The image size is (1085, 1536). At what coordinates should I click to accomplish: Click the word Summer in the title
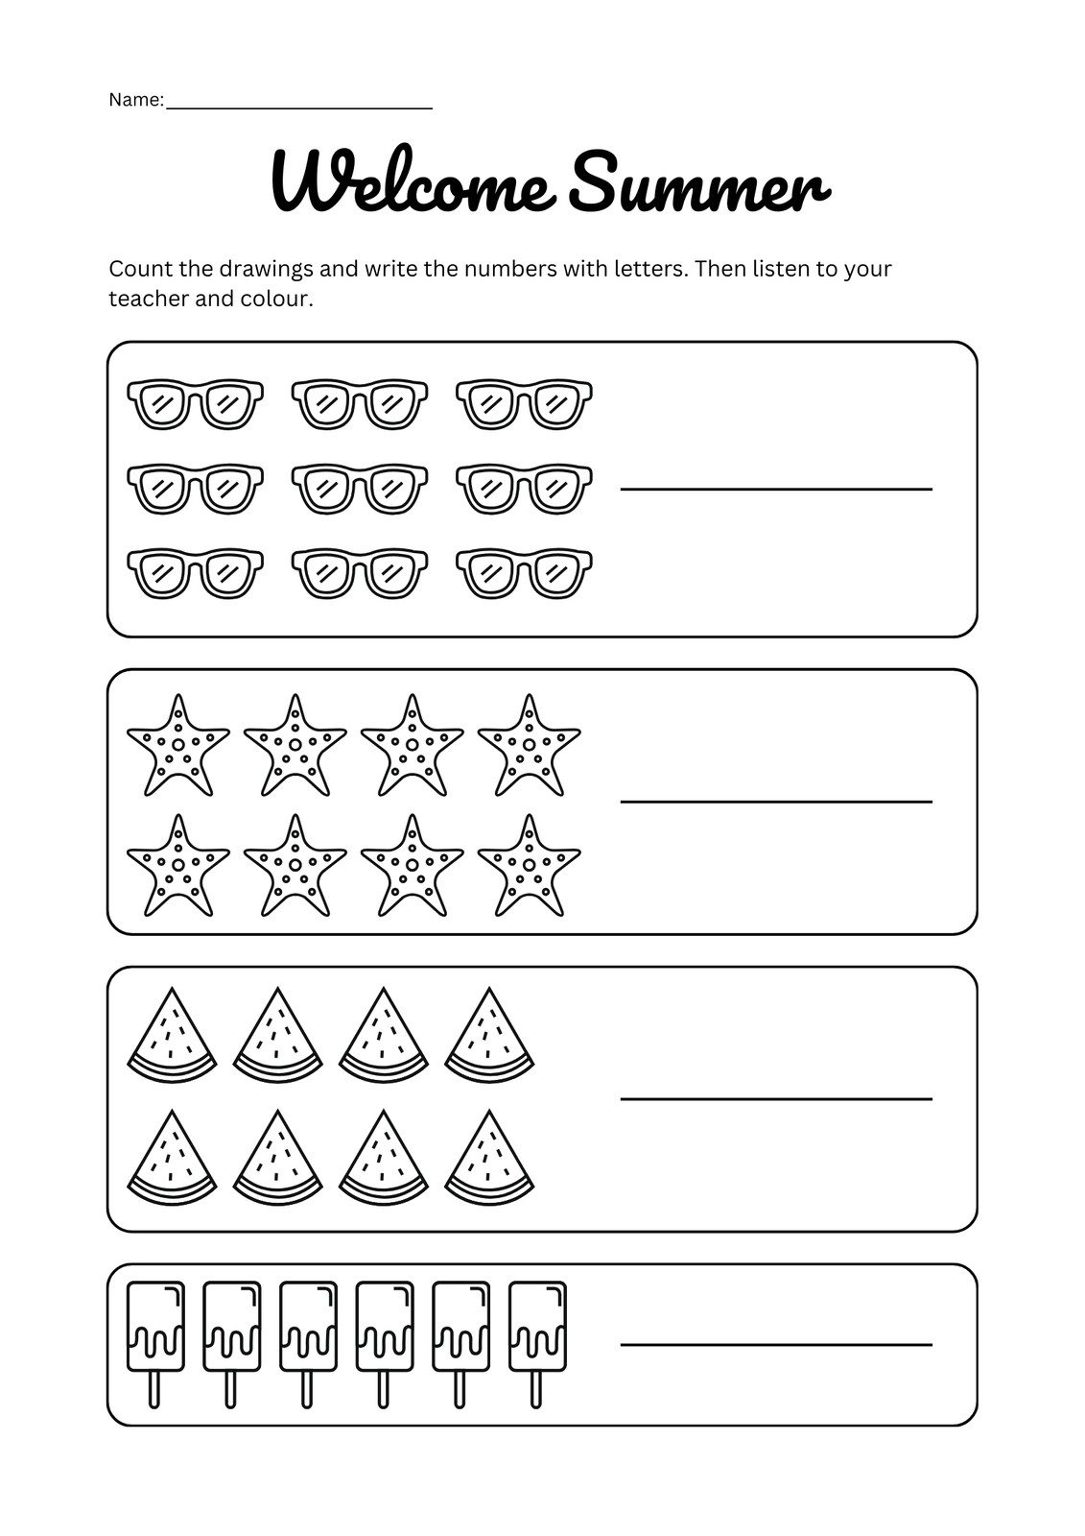pyautogui.click(x=697, y=183)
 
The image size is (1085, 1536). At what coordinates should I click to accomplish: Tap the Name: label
pyautogui.click(x=136, y=100)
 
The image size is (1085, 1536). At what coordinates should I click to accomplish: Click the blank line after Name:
pyautogui.click(x=298, y=107)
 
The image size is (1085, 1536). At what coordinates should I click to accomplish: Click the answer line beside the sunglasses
pyautogui.click(x=776, y=489)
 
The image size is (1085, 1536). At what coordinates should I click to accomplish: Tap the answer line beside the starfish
pyautogui.click(x=776, y=800)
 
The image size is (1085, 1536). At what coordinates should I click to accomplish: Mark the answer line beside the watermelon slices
pyautogui.click(x=776, y=1097)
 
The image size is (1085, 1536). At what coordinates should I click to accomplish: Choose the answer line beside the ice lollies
pyautogui.click(x=776, y=1344)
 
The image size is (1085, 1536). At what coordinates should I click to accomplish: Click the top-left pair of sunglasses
pyautogui.click(x=195, y=403)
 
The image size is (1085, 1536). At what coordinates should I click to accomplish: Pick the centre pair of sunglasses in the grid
pyautogui.click(x=360, y=488)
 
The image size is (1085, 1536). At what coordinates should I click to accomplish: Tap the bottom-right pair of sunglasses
pyautogui.click(x=524, y=572)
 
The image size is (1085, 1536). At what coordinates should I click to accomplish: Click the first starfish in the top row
pyautogui.click(x=177, y=747)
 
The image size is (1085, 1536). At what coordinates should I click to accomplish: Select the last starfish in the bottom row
pyautogui.click(x=529, y=867)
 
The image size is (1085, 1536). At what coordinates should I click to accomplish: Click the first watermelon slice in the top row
pyautogui.click(x=172, y=1038)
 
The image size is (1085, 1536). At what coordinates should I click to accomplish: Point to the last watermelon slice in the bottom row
pyautogui.click(x=489, y=1160)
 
